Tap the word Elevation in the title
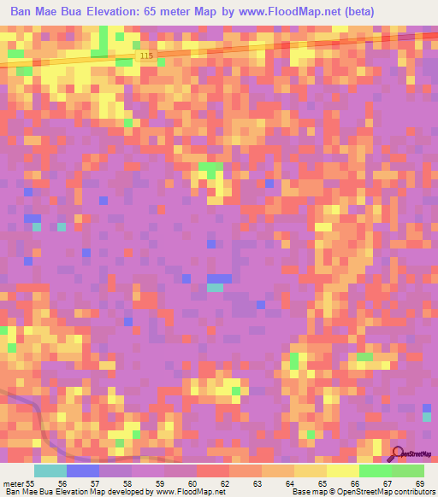(116, 12)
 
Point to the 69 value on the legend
(419, 483)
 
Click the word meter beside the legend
(12, 483)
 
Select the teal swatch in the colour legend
(50, 471)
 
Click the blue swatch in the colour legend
(83, 471)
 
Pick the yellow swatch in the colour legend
(342, 471)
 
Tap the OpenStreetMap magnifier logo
(399, 453)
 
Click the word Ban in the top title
(22, 12)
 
